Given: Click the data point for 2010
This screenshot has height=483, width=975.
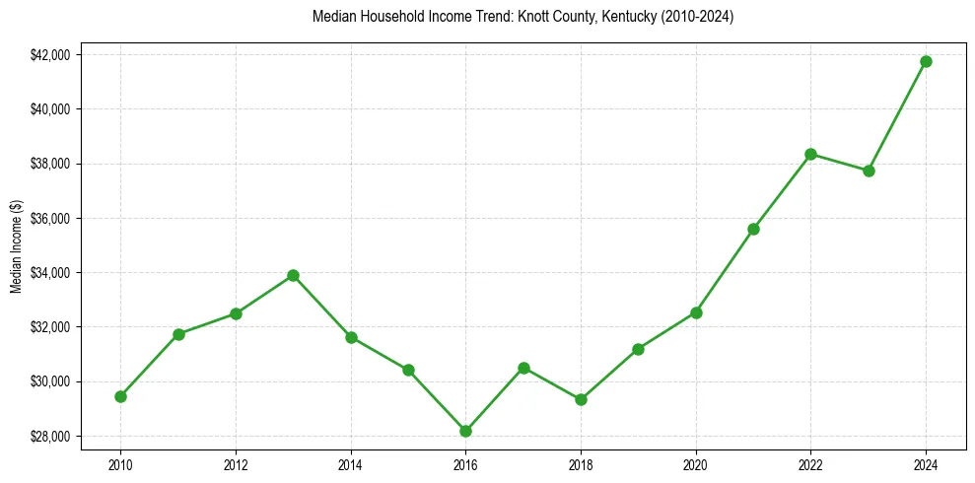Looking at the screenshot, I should point(120,396).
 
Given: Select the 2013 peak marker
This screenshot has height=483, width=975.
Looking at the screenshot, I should point(293,276).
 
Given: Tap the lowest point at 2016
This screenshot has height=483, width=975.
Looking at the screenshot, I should point(465,431).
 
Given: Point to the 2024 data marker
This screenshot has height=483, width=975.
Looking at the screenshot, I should point(926,61).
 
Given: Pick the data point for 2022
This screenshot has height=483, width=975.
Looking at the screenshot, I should point(810,154).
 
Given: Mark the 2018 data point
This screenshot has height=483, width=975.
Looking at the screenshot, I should point(581,399).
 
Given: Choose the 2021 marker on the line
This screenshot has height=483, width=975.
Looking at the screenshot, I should point(753,229).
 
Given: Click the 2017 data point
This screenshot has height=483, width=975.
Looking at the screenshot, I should point(523,368).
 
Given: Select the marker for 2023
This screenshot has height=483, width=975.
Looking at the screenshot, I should point(869,171).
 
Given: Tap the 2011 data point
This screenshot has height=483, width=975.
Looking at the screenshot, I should point(178,334).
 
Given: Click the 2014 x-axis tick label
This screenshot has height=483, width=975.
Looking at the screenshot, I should point(350,461).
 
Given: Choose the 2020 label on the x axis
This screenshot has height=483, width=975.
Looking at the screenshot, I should point(696,461).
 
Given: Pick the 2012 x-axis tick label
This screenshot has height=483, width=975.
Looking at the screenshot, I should point(236,461).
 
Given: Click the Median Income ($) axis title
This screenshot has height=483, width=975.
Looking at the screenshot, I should point(16,245).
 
